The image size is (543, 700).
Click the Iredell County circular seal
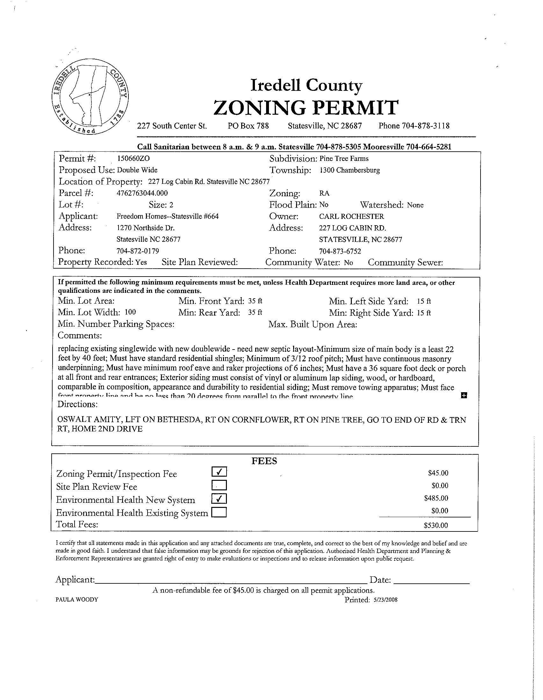tap(90, 97)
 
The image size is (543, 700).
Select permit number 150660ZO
tap(134, 159)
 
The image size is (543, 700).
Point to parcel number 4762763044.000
tap(142, 193)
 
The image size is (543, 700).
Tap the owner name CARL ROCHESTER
tap(351, 217)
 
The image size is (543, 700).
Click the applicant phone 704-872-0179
tap(138, 251)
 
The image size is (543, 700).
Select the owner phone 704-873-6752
tap(340, 251)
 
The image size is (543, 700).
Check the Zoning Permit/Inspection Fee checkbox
tap(219, 472)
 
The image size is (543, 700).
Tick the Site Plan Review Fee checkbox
tap(219, 485)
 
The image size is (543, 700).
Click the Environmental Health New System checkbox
tap(219, 499)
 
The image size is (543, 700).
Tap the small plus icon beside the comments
tap(464, 395)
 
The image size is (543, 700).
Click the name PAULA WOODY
tap(77, 600)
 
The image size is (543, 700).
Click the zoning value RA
tap(324, 194)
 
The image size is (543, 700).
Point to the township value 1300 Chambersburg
tap(350, 170)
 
